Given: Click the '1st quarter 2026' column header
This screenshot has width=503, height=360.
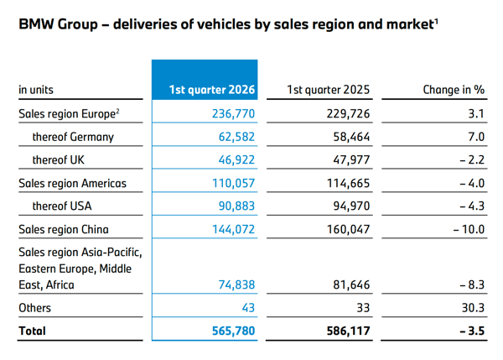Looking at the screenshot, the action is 212,90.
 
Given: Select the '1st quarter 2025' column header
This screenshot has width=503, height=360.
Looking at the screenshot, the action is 328,90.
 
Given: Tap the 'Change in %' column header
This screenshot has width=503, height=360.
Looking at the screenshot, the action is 454,90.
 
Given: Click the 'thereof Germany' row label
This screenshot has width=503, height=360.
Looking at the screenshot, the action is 73,137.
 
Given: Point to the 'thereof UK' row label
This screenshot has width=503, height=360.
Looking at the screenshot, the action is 59,159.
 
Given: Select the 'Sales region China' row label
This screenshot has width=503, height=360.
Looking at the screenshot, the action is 64,229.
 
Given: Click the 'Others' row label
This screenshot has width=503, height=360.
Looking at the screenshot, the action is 34,308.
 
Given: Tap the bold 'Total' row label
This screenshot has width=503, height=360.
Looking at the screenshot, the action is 32,331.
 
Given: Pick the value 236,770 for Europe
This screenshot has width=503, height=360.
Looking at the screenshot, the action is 233,113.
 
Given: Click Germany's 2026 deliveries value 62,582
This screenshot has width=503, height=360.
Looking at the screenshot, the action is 236,137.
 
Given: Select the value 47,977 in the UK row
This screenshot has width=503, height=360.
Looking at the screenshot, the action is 351,159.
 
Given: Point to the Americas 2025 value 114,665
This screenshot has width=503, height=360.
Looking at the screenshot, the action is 348,183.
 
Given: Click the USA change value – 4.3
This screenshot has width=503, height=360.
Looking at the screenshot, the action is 472,206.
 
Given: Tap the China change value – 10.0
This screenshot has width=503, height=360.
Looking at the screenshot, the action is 469,229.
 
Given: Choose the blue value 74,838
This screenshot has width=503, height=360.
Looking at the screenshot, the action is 236,284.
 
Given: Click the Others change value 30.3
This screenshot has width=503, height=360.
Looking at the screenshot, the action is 473,308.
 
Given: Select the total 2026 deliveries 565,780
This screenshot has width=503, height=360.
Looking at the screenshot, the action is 233,331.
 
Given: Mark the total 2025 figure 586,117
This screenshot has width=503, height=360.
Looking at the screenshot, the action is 348,331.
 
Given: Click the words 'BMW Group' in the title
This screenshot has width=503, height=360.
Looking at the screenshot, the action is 58,24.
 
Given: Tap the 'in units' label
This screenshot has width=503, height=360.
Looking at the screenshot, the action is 36,90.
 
